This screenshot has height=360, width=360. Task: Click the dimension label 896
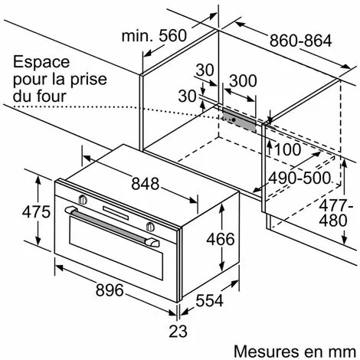pyautogui.click(x=110, y=290)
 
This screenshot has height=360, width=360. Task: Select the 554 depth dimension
pyautogui.click(x=209, y=300)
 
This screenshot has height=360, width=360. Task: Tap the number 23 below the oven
pyautogui.click(x=178, y=331)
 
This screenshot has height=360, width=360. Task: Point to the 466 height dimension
pyautogui.click(x=221, y=239)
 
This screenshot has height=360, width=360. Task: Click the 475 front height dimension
pyautogui.click(x=36, y=211)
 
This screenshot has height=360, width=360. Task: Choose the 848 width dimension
pyautogui.click(x=146, y=184)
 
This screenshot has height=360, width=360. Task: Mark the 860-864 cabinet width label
pyautogui.click(x=301, y=41)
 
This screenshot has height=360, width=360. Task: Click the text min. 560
pyautogui.click(x=154, y=36)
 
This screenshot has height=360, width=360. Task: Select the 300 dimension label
pyautogui.click(x=243, y=80)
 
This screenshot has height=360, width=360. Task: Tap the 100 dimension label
pyautogui.click(x=287, y=149)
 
